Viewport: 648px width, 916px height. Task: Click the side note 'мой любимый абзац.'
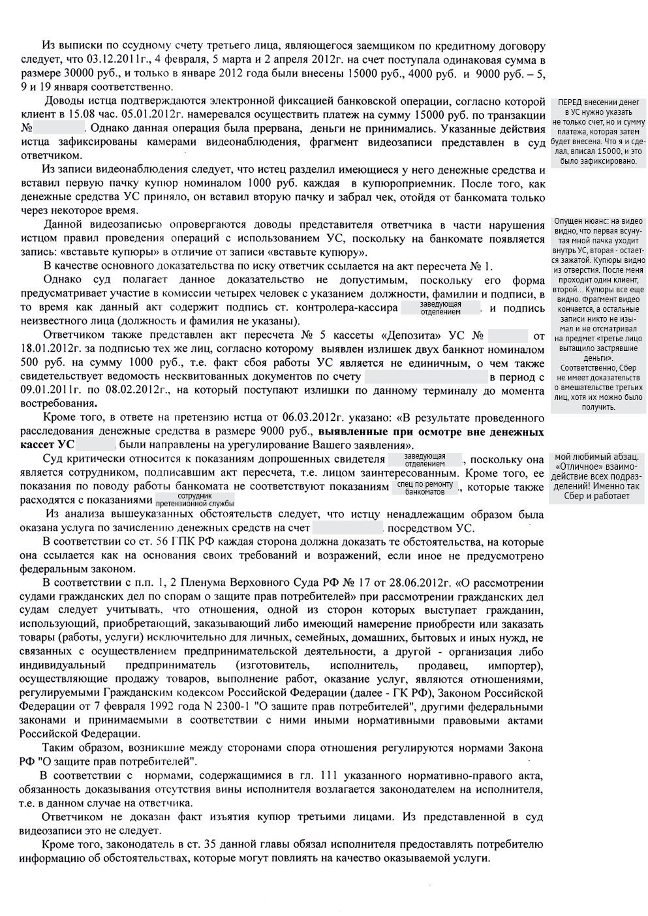[x=598, y=457]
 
